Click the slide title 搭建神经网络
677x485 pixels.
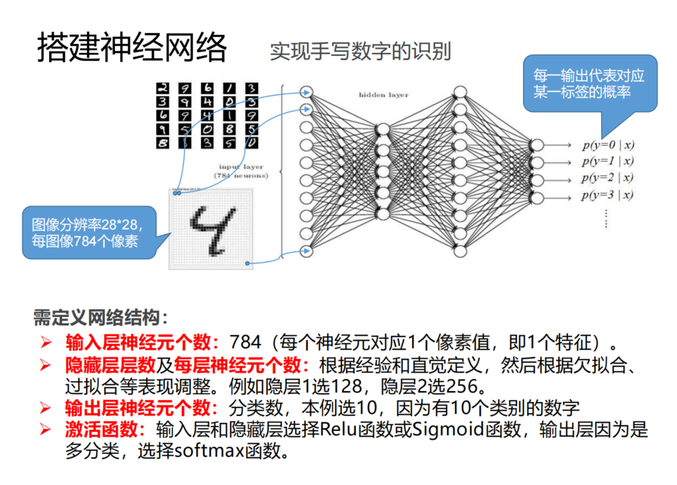[x=132, y=47]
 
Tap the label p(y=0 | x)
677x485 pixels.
[x=608, y=145]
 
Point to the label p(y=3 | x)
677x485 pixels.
[x=608, y=195]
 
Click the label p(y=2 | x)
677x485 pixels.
[x=608, y=178]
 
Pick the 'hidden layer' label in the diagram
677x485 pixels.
[x=383, y=95]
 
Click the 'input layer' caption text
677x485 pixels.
[x=241, y=167]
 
